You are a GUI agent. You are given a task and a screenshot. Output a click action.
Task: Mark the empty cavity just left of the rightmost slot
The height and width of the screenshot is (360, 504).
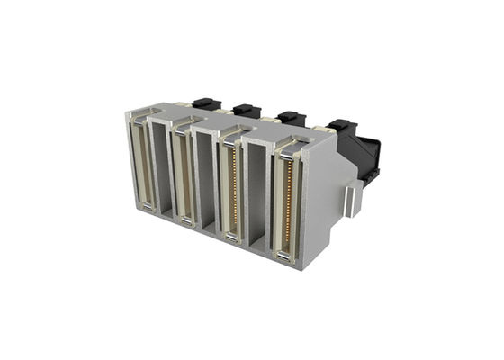258,194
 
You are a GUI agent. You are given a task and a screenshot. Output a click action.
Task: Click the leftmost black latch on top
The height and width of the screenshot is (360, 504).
201,104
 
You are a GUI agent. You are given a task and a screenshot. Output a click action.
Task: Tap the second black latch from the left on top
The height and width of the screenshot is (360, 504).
246,111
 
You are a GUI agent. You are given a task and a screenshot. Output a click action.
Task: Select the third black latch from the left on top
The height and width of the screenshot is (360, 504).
290,117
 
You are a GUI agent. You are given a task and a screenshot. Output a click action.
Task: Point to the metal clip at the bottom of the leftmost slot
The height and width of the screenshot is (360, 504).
146,208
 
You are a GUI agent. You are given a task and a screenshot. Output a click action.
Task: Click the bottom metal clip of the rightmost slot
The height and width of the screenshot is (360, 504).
283,257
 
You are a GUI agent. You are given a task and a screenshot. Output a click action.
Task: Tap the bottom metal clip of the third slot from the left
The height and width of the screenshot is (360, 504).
231,237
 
